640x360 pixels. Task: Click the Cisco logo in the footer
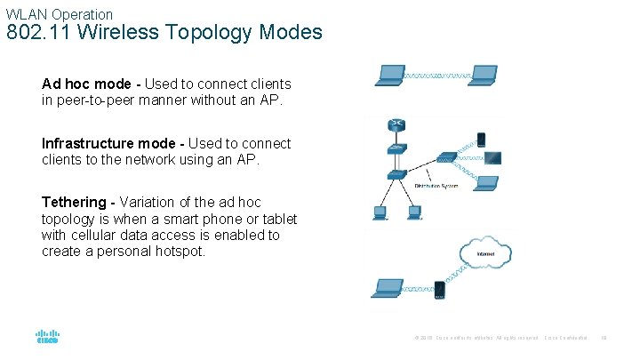click(x=47, y=338)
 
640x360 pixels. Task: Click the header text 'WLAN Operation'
click(x=60, y=14)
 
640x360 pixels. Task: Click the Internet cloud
click(x=485, y=252)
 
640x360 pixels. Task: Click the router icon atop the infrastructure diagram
click(x=397, y=124)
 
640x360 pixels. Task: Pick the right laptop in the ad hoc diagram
click(x=483, y=76)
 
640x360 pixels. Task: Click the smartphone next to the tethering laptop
click(x=439, y=290)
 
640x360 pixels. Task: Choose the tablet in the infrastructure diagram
click(x=490, y=159)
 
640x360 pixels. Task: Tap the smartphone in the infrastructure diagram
click(x=481, y=139)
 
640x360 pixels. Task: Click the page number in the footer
click(x=604, y=339)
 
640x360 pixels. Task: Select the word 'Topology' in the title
click(x=202, y=34)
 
